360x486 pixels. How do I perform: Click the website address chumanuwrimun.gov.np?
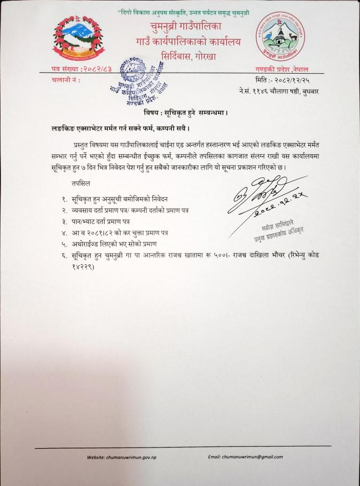coord(136,457)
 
